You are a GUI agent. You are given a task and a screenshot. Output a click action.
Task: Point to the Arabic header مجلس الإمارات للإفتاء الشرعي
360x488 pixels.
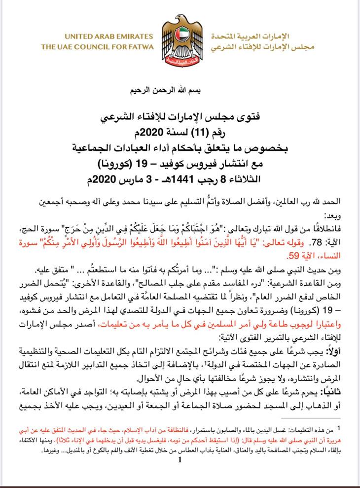click(x=256, y=48)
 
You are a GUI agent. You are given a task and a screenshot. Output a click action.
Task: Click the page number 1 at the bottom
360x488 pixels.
click(x=180, y=460)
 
